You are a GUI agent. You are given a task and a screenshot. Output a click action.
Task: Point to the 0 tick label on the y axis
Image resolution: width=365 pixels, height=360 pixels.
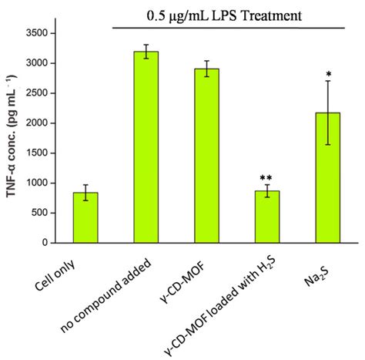(54, 243)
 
